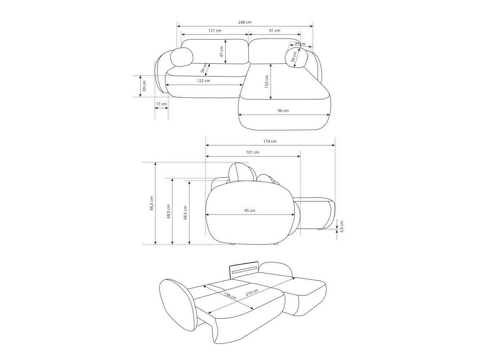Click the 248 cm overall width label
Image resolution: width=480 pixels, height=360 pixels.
click(245, 22)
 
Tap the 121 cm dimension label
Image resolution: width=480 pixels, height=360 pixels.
click(215, 31)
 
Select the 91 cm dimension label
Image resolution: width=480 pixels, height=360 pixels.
click(275, 31)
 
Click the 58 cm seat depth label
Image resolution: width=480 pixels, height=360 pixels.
click(204, 68)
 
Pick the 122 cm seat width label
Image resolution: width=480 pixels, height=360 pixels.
click(203, 81)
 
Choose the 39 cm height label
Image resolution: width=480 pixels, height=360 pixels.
click(144, 86)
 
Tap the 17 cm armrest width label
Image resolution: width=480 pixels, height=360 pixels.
click(162, 104)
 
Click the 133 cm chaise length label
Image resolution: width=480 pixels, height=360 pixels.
click(266, 82)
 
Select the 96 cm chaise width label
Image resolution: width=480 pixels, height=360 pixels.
click(283, 111)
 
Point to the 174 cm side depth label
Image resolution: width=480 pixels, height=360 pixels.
click(270, 141)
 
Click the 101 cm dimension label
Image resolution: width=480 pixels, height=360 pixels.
click(253, 152)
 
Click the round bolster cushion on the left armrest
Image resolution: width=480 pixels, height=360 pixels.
click(182, 58)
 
